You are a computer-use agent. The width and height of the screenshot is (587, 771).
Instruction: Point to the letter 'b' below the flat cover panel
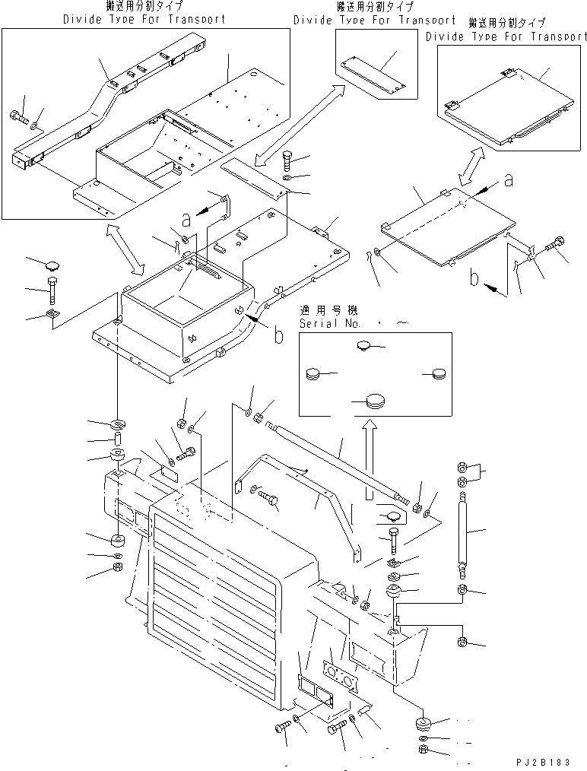pos(474,279)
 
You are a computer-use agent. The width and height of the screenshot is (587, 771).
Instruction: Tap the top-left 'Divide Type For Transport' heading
pos(144,17)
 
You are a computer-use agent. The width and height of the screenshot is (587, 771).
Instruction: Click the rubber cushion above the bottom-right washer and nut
pos(423,722)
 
